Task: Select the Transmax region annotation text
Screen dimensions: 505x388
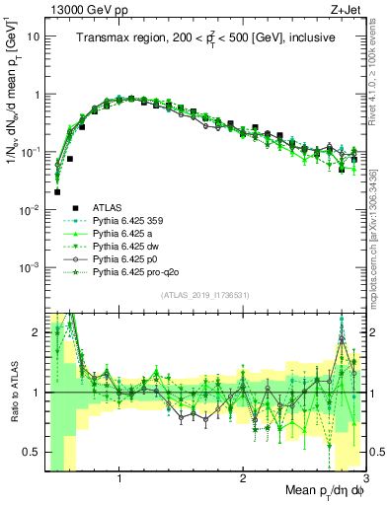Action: [205, 37]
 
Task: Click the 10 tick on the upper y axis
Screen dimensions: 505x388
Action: [35, 36]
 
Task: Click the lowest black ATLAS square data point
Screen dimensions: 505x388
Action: [57, 192]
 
